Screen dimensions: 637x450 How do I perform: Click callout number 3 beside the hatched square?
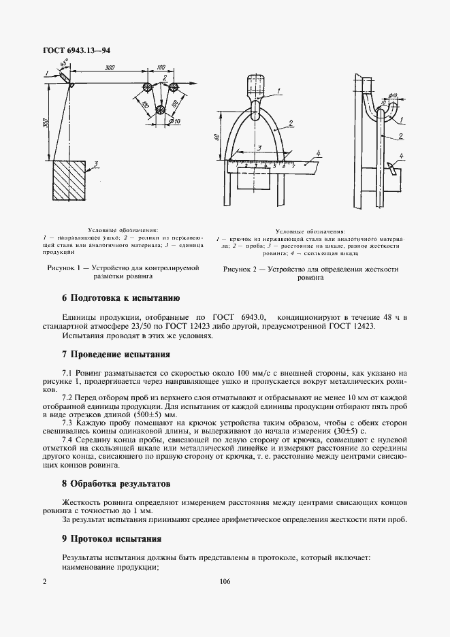click(x=97, y=163)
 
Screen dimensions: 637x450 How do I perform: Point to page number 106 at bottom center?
click(x=225, y=581)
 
